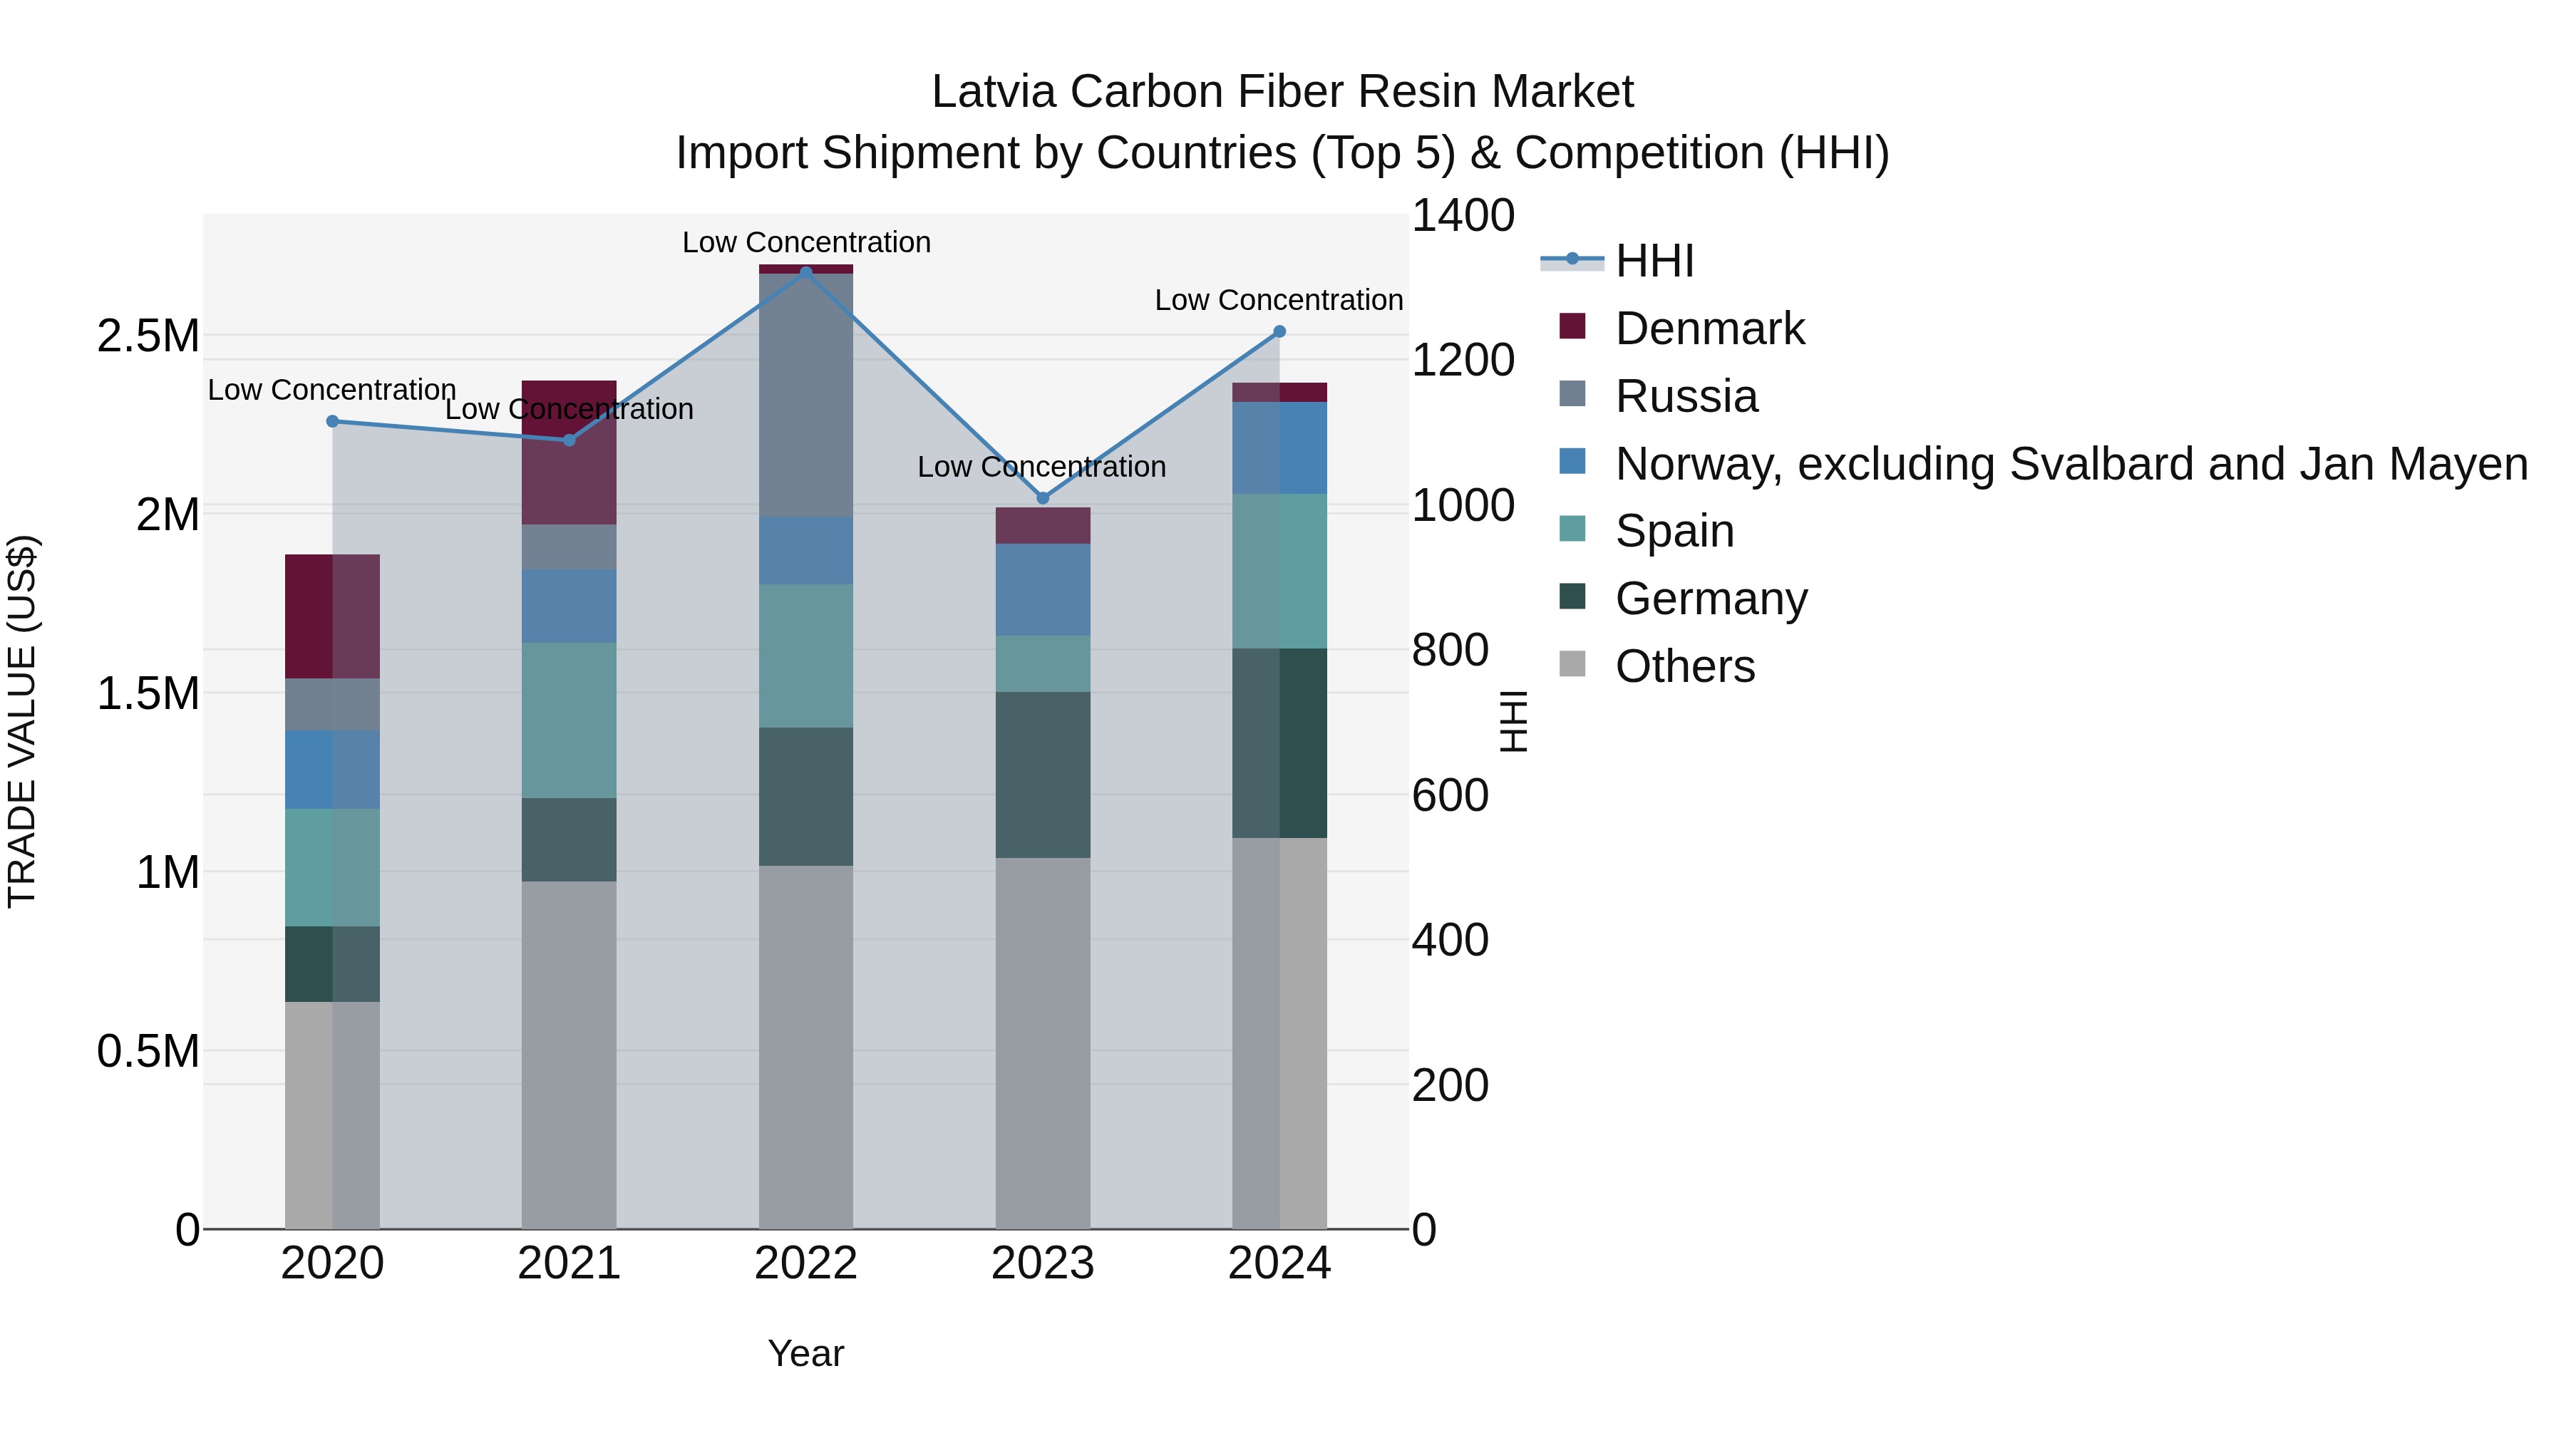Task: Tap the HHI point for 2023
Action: point(1043,498)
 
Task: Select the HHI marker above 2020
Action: point(333,421)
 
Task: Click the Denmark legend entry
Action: point(1709,329)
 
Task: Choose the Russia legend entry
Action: point(1686,396)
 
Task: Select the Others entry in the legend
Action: point(1684,666)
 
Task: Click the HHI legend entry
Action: point(1654,261)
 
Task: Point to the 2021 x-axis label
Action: point(569,1263)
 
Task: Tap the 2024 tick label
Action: point(1279,1263)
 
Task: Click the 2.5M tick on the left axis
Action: point(148,336)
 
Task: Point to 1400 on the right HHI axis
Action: point(1463,215)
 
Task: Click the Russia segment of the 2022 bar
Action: point(806,394)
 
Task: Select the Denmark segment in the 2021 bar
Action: point(569,452)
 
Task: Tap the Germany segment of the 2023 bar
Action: point(1043,775)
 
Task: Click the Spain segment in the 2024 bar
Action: point(1279,571)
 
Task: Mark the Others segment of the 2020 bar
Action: point(333,1114)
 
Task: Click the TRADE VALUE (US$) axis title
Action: point(22,721)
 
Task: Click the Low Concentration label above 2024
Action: point(1278,300)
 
